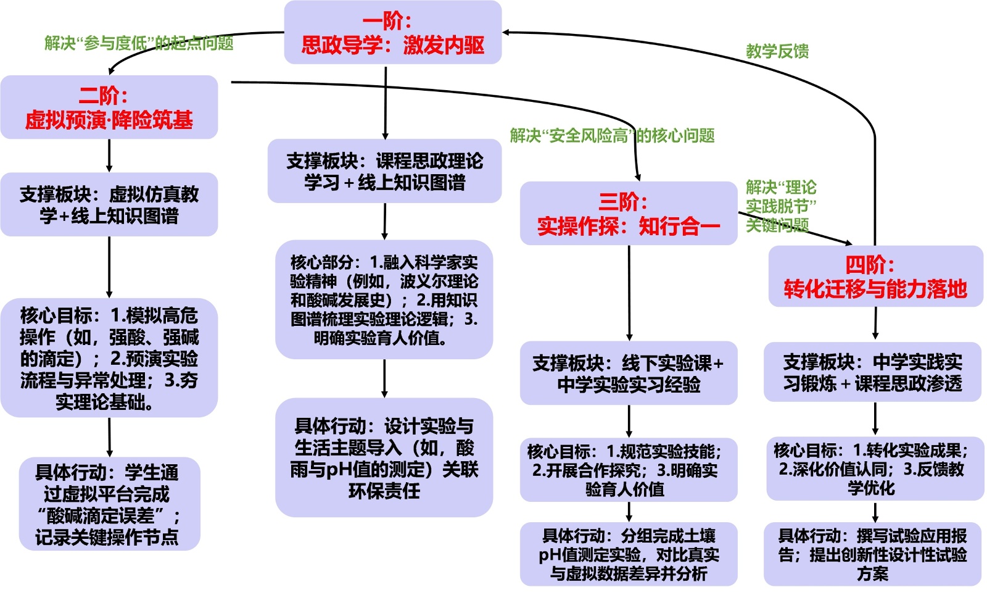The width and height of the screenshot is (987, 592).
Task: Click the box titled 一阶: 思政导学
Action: click(392, 33)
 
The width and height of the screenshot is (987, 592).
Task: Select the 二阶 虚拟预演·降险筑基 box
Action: click(109, 107)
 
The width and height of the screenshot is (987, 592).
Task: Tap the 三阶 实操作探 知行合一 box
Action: click(629, 214)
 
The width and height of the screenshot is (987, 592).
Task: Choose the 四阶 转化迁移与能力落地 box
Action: click(875, 277)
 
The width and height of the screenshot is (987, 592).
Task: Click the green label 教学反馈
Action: click(777, 51)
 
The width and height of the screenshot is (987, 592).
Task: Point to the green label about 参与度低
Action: click(139, 43)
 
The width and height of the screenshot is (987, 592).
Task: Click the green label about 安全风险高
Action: click(612, 136)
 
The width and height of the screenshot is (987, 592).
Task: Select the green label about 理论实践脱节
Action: click(780, 206)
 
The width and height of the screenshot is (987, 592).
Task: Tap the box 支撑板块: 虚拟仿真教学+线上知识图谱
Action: click(109, 205)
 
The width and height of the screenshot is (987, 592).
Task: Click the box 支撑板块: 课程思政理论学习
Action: click(384, 172)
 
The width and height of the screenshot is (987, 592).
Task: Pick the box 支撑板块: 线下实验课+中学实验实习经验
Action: click(629, 373)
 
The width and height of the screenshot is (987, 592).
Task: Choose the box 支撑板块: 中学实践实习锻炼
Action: click(872, 372)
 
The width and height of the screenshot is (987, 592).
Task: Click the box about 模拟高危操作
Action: click(109, 358)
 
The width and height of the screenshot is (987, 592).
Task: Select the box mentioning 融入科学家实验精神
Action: click(384, 300)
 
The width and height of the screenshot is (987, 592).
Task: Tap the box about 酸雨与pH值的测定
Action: click(384, 457)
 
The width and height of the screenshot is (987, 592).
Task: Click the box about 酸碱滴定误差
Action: click(109, 504)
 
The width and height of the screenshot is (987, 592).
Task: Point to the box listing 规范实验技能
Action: click(629, 470)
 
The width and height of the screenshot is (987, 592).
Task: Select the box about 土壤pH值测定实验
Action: click(629, 554)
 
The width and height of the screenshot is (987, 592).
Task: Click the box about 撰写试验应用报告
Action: click(872, 554)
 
